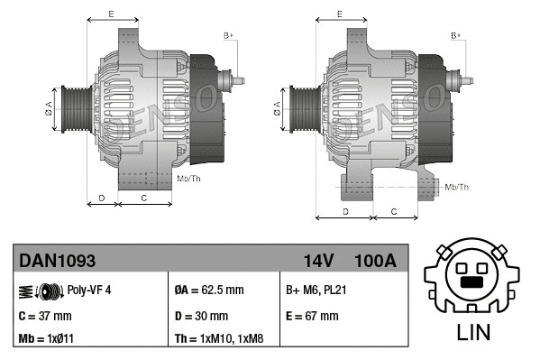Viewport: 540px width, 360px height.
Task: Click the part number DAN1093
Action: point(57,261)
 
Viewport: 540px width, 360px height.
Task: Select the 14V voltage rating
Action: point(318,261)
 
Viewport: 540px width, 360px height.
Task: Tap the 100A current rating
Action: point(375,261)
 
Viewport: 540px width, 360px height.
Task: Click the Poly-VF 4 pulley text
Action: point(89,290)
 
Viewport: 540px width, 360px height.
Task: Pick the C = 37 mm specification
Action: point(45,316)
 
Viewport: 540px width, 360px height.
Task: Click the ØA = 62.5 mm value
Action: point(209,290)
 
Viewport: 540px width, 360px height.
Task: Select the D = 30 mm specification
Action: point(201,316)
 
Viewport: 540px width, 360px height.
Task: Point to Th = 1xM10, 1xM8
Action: point(220,339)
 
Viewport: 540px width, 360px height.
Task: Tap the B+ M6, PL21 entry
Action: point(318,290)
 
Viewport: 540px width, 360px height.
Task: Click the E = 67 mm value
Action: point(312,316)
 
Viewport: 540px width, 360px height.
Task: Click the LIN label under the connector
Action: point(472,332)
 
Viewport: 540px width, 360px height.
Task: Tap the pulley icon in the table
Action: point(40,291)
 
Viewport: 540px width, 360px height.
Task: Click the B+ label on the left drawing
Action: point(229,35)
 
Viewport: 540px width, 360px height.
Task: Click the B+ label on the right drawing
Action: point(456,35)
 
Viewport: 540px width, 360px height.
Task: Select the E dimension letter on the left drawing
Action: point(110,14)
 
